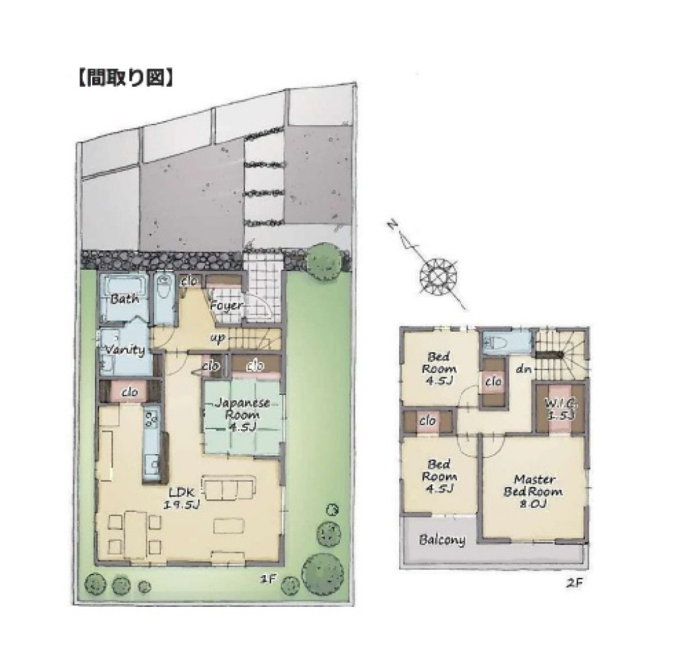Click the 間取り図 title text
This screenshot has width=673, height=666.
click(126, 78)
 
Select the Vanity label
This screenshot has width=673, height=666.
click(125, 350)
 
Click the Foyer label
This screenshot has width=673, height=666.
click(227, 306)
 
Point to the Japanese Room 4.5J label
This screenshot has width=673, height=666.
click(242, 414)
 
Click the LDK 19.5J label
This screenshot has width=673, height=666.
click(182, 498)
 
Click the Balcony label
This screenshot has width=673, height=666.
click(442, 539)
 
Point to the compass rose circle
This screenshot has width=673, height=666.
click(439, 274)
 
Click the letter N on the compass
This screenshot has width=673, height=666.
click(392, 225)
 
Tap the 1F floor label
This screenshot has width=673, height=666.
click(267, 579)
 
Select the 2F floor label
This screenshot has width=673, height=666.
click(574, 583)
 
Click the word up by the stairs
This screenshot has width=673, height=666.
click(217, 338)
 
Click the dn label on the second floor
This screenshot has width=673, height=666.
click(523, 368)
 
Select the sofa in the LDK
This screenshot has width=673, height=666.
click(229, 488)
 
